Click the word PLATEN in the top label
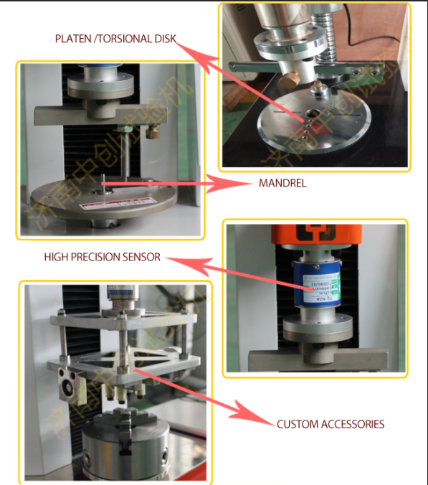point(74,38)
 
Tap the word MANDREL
point(282,183)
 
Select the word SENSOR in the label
point(141,256)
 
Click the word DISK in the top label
point(164,38)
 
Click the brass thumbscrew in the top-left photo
point(153,131)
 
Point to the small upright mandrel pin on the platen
point(103,182)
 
